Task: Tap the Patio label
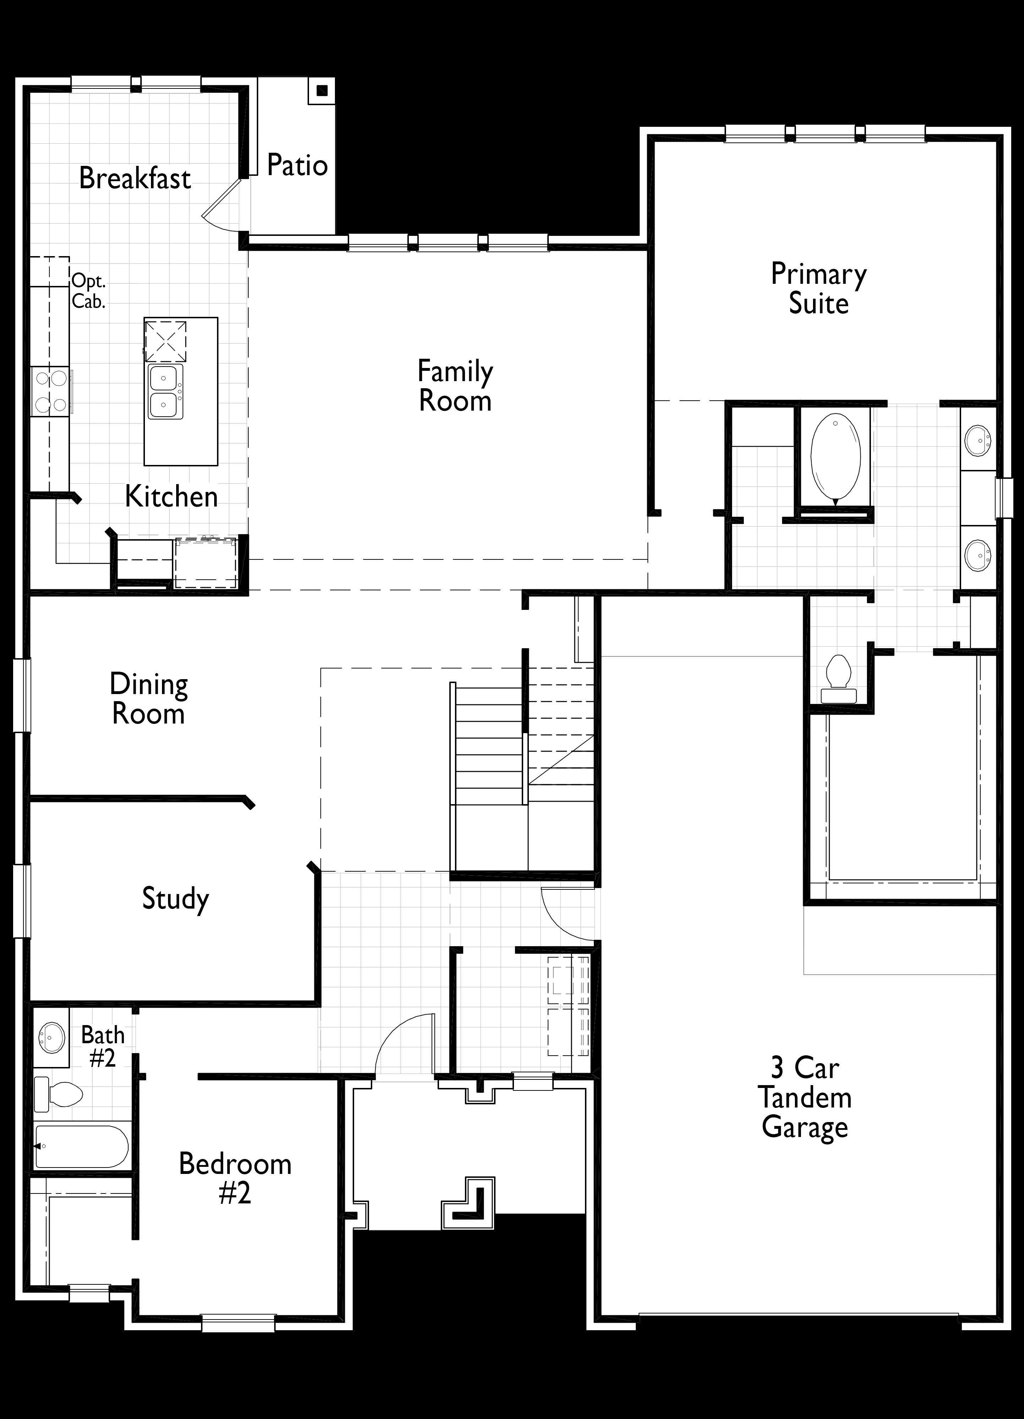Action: point(297,165)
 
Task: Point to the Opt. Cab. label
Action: point(88,291)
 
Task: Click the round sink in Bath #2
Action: point(51,1038)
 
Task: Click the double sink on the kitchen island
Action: point(166,392)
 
